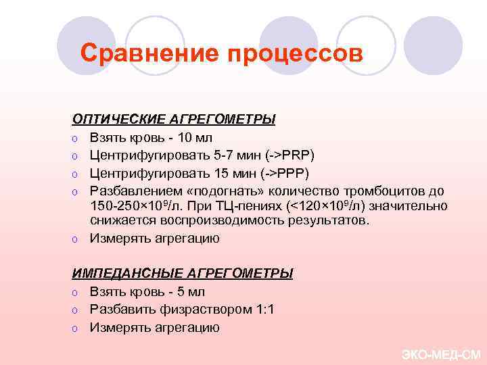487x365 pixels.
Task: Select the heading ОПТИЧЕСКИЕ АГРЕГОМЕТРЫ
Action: [174, 120]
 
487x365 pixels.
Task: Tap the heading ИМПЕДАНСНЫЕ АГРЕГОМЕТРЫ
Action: [183, 274]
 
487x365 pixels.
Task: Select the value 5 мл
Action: [189, 292]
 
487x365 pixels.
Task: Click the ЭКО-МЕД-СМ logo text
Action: [440, 354]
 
